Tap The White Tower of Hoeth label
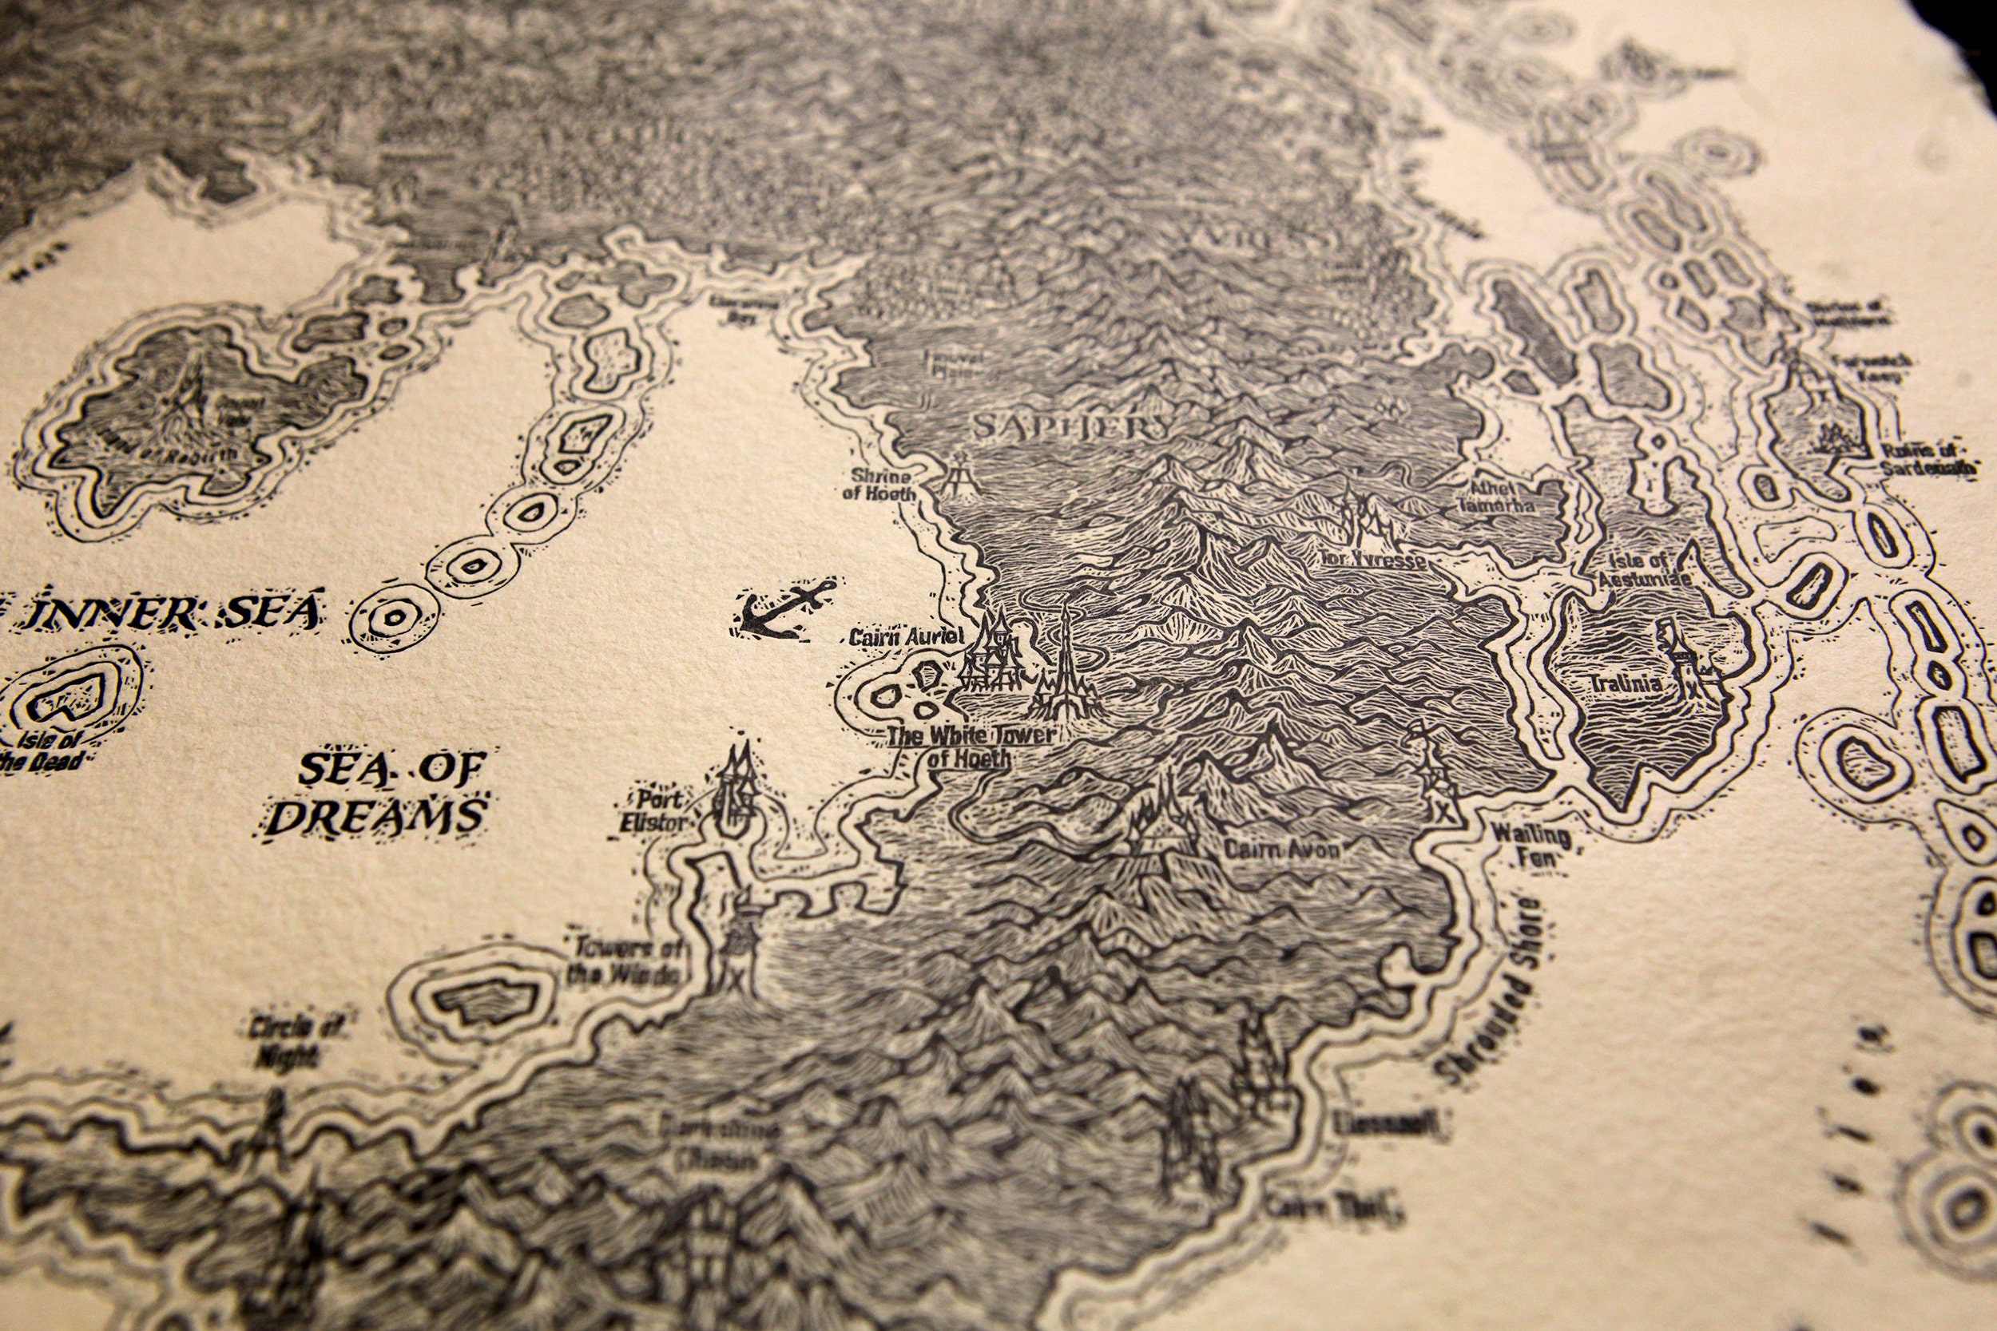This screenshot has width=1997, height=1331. [x=968, y=747]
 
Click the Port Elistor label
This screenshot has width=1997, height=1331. [x=656, y=810]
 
